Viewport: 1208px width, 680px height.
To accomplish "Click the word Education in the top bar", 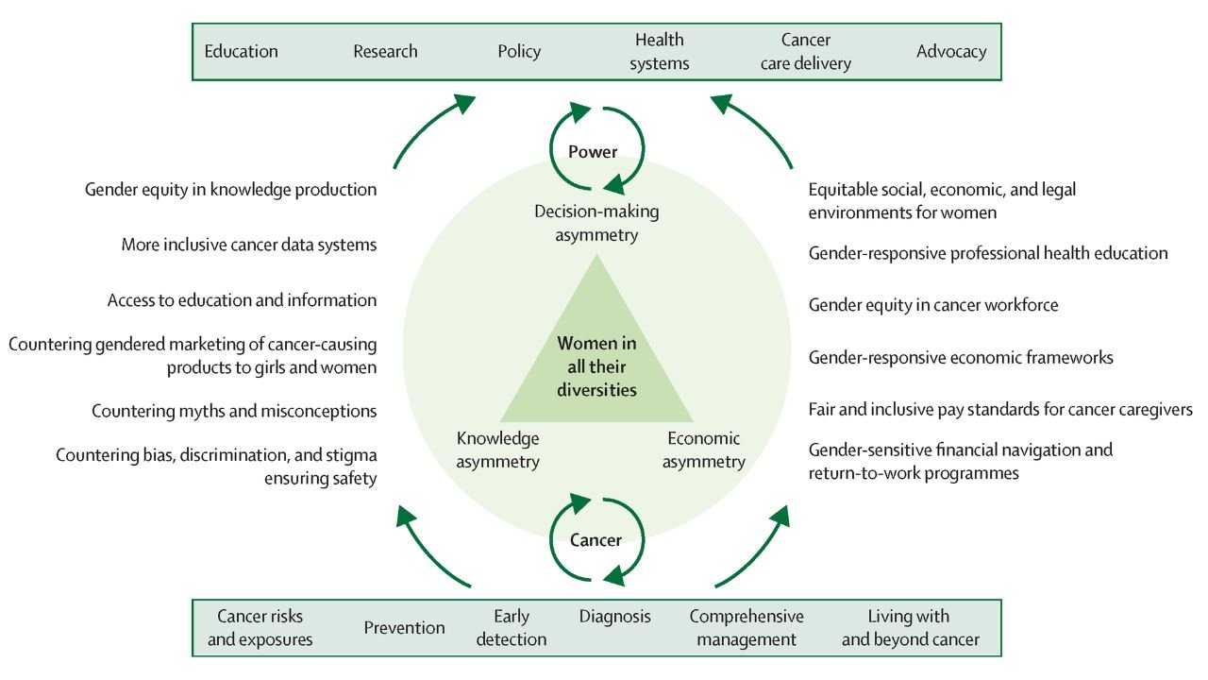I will click(242, 51).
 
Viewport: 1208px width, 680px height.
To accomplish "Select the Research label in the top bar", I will click(385, 51).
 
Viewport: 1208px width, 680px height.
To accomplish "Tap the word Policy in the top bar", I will click(519, 51).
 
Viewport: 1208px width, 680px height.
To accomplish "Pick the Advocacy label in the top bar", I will click(951, 51).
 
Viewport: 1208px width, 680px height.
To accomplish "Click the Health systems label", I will click(661, 52).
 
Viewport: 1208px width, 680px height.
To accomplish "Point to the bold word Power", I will click(593, 151).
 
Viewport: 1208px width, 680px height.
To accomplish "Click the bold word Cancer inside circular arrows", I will click(596, 540).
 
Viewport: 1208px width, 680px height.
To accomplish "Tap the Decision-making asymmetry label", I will click(596, 222).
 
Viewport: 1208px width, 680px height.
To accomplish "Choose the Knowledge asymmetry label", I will click(498, 450).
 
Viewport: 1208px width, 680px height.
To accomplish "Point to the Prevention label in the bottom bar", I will click(404, 627).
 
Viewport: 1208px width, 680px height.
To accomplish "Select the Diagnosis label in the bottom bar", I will click(615, 617).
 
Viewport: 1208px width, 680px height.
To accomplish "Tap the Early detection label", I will click(511, 628).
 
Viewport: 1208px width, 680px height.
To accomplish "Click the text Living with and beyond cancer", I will click(910, 628).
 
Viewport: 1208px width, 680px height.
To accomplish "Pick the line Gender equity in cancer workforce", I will click(933, 305).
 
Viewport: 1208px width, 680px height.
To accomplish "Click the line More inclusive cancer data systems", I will click(249, 245).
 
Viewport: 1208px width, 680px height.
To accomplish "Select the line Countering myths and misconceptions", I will click(234, 411).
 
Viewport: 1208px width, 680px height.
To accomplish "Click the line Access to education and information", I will click(242, 300).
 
